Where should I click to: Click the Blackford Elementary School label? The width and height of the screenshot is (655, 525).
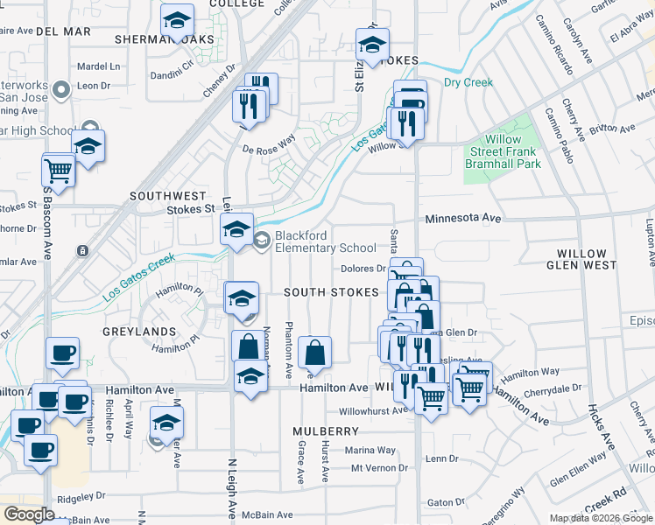tap(326, 241)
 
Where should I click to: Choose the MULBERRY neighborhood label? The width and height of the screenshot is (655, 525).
tap(326, 431)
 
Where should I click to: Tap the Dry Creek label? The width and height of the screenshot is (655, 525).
tap(468, 83)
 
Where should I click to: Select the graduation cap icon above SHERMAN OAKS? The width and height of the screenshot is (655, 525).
tap(177, 20)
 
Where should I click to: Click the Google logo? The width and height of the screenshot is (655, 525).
tap(29, 514)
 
